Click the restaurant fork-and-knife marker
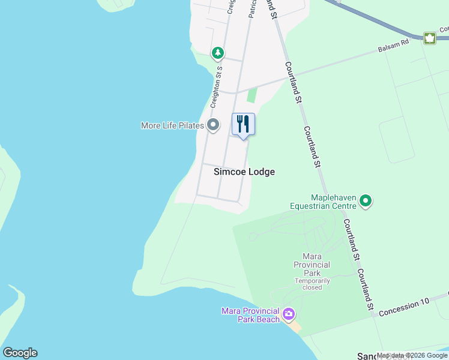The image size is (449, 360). click(243, 124)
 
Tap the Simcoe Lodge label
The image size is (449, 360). click(244, 172)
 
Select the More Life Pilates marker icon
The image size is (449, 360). click(213, 125)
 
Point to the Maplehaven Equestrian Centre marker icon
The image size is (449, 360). click(366, 201)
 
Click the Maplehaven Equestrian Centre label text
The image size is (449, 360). click(323, 202)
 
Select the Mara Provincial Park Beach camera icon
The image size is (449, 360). click(289, 314)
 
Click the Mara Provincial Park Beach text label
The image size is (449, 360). click(250, 315)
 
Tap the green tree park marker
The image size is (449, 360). click(217, 53)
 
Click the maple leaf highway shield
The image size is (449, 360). click(430, 38)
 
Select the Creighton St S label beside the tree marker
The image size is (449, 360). click(216, 87)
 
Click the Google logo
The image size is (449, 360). click(20, 353)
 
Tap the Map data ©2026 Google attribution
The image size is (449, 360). click(412, 356)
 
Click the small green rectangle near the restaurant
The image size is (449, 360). click(252, 95)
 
